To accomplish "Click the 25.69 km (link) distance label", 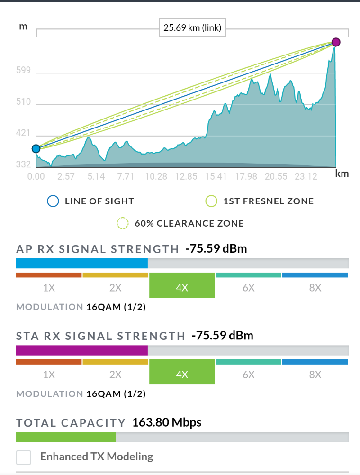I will pyautogui.click(x=192, y=28).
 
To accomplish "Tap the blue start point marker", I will pyautogui.click(x=36, y=149).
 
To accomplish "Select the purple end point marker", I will pyautogui.click(x=336, y=43).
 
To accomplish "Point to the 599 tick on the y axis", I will pyautogui.click(x=23, y=71).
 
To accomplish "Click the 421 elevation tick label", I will pyautogui.click(x=23, y=133).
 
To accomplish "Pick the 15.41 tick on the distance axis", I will pyautogui.click(x=216, y=177).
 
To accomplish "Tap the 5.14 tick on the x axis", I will pyautogui.click(x=96, y=177).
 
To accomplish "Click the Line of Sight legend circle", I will pyautogui.click(x=53, y=201).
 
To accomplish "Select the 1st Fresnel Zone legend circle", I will pyautogui.click(x=211, y=201).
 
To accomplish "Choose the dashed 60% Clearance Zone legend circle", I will pyautogui.click(x=123, y=223).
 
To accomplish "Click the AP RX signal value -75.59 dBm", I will pyautogui.click(x=216, y=248).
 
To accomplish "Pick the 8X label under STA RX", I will pyautogui.click(x=315, y=375).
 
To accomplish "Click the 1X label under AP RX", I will pyautogui.click(x=49, y=288).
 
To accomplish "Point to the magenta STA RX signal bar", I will pyautogui.click(x=82, y=350).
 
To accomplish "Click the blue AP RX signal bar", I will pyautogui.click(x=82, y=263).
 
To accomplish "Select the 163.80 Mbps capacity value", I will pyautogui.click(x=167, y=422).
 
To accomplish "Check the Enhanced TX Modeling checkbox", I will pyautogui.click(x=24, y=457).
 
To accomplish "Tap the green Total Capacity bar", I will pyautogui.click(x=66, y=437).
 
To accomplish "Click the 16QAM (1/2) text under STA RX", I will pyautogui.click(x=116, y=394).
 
